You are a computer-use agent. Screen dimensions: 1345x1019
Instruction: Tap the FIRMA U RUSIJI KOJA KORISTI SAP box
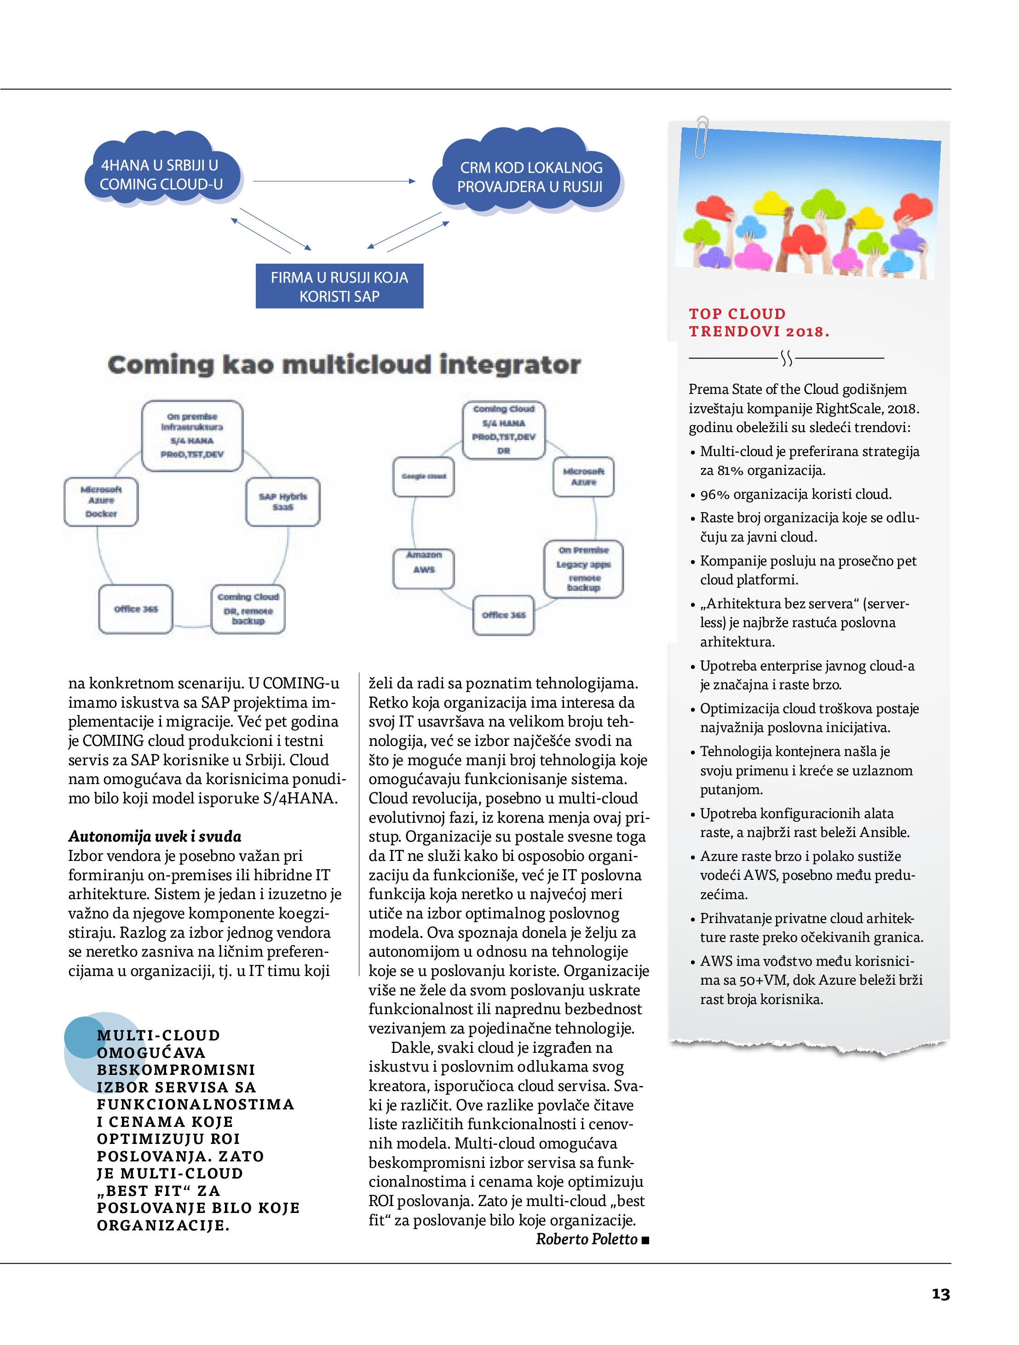click(339, 286)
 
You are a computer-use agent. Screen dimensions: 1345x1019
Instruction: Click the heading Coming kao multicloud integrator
click(344, 365)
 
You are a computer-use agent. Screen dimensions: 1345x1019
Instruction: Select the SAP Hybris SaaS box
click(283, 502)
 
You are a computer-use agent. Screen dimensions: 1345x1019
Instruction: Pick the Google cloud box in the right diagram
click(424, 477)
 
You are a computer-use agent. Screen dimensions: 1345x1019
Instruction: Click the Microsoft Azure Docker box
click(101, 502)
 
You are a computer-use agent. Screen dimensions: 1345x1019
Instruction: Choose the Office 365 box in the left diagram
click(136, 609)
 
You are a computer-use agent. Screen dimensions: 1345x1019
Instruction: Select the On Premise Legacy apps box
click(583, 569)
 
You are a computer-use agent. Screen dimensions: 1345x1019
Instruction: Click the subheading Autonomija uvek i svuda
click(155, 837)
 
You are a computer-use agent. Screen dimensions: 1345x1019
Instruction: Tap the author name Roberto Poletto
click(586, 1239)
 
